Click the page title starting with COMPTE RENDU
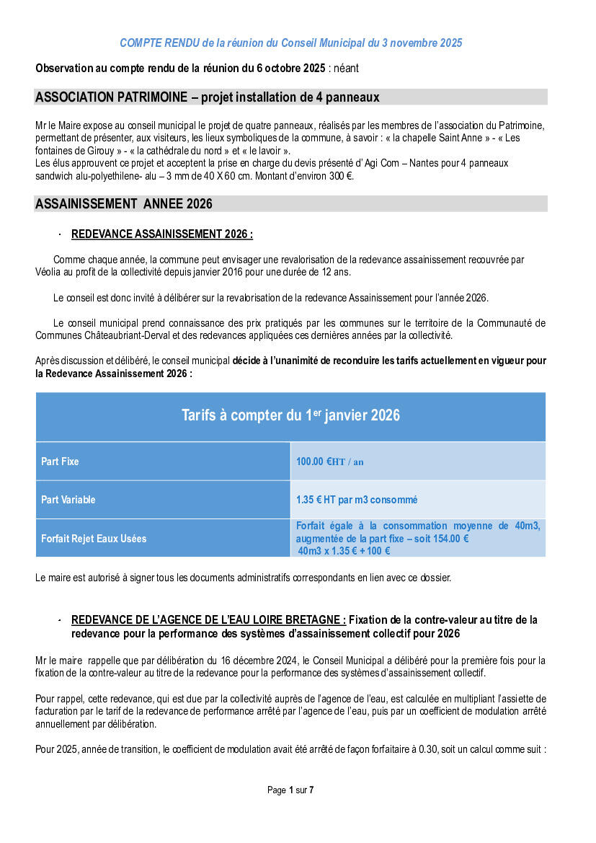click(290, 43)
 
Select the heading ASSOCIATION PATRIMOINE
click(208, 97)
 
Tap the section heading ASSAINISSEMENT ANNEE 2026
click(124, 204)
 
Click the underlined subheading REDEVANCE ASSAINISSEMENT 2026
click(161, 234)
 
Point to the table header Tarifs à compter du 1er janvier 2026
click(290, 415)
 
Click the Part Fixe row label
click(61, 462)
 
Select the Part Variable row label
click(68, 500)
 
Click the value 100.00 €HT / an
click(329, 462)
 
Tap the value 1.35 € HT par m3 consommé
click(357, 500)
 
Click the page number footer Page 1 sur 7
click(290, 790)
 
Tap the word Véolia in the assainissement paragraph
click(50, 272)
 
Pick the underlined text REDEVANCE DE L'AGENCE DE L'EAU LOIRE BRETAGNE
click(208, 620)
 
